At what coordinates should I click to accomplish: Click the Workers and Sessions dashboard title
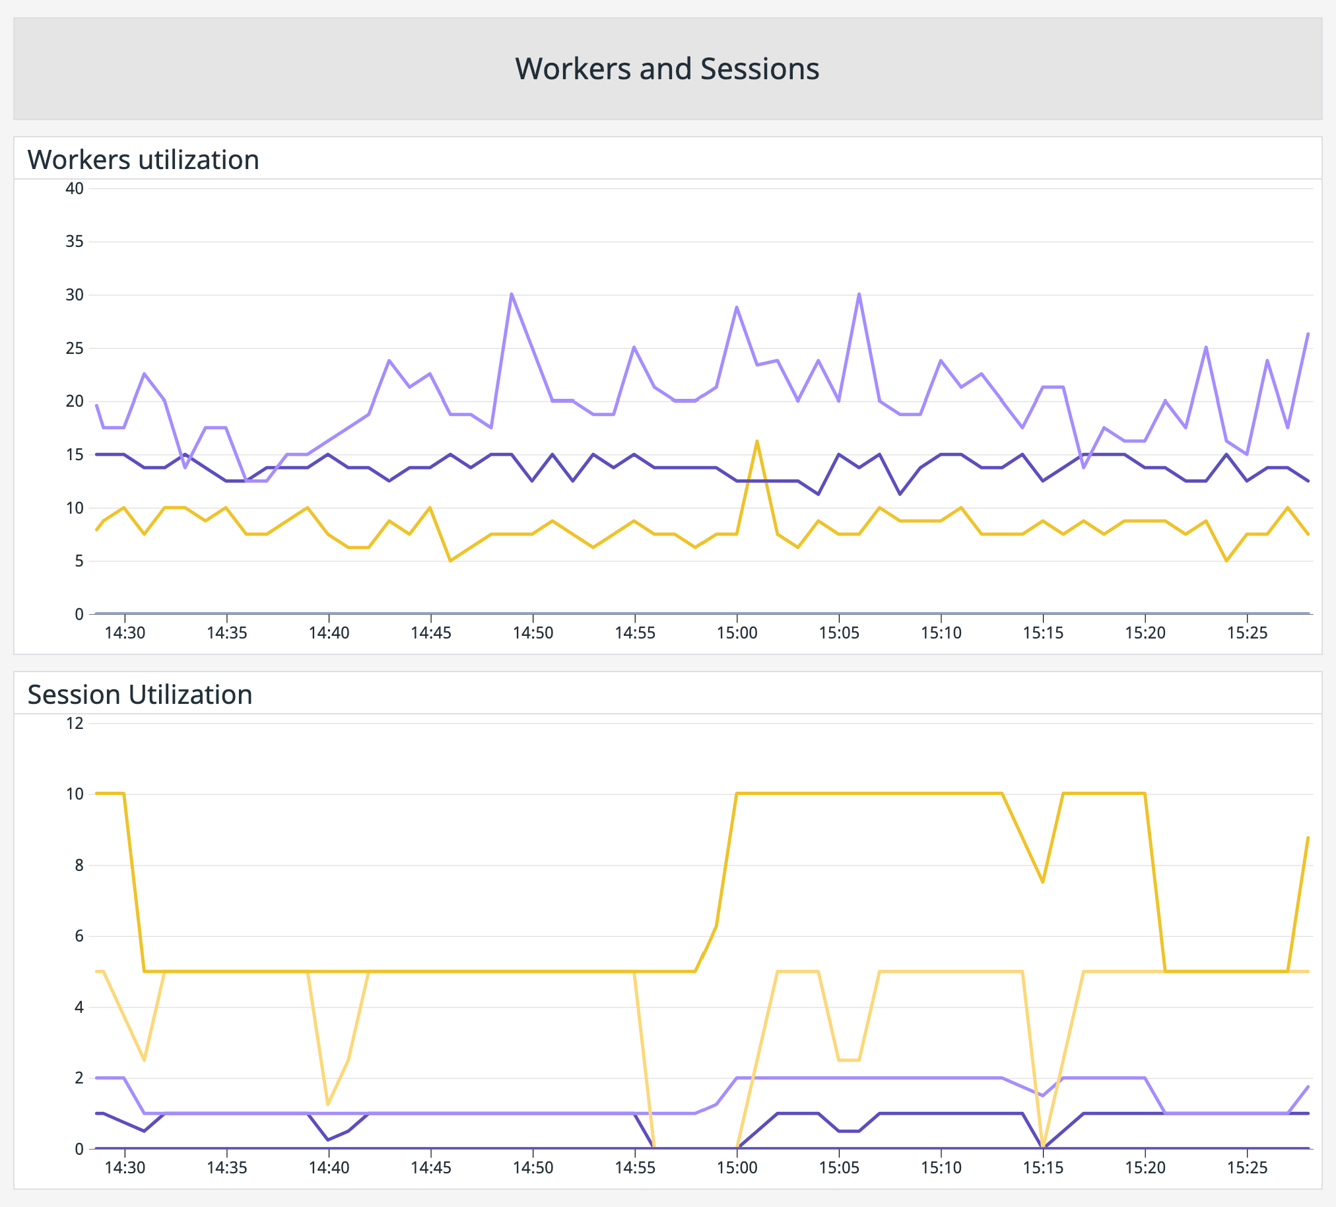click(667, 69)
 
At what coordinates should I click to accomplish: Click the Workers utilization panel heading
click(143, 160)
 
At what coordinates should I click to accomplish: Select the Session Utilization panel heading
click(140, 695)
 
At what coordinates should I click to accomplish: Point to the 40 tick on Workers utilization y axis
click(74, 188)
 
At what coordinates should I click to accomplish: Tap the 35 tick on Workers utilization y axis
click(74, 241)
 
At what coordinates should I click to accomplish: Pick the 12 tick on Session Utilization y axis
click(74, 723)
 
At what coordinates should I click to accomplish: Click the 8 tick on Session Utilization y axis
click(79, 865)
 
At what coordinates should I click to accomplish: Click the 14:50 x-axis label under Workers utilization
click(533, 633)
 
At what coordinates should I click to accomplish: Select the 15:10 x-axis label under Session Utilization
click(941, 1168)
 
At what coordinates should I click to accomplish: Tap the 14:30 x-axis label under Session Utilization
click(125, 1168)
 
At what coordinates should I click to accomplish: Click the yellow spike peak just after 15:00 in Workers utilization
click(757, 441)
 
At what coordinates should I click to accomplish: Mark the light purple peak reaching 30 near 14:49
click(512, 294)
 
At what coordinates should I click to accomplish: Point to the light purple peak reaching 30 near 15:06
click(859, 294)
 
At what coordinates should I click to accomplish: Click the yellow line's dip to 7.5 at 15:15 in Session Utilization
click(1043, 882)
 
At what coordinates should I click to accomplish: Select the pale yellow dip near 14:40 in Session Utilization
click(328, 1104)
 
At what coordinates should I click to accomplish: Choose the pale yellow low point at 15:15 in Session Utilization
click(1043, 1147)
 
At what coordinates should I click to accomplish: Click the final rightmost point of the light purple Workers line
click(1308, 333)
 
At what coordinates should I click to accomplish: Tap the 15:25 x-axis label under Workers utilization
click(1247, 633)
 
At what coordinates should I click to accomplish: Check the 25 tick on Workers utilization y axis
click(74, 348)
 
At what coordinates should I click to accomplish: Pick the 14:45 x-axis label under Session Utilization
click(431, 1168)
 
